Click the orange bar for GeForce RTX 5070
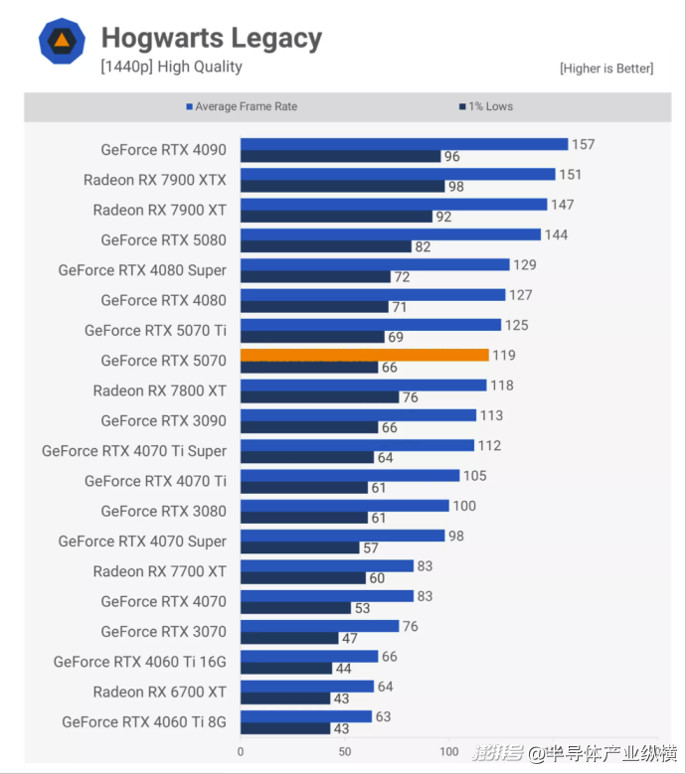tap(364, 355)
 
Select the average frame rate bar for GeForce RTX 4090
tap(404, 144)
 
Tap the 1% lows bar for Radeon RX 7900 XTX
tap(342, 187)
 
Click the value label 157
tap(583, 144)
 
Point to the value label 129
tap(524, 265)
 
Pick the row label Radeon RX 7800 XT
tap(160, 390)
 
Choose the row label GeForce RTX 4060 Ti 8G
tap(144, 722)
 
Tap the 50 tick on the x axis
tap(345, 752)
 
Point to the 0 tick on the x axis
tap(241, 752)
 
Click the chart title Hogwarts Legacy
tap(212, 39)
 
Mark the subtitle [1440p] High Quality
tap(171, 67)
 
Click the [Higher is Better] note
tap(606, 69)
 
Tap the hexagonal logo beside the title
tap(62, 41)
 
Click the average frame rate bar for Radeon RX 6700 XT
tap(307, 686)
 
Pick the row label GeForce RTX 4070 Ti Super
tap(134, 451)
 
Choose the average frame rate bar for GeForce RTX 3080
tap(345, 506)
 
